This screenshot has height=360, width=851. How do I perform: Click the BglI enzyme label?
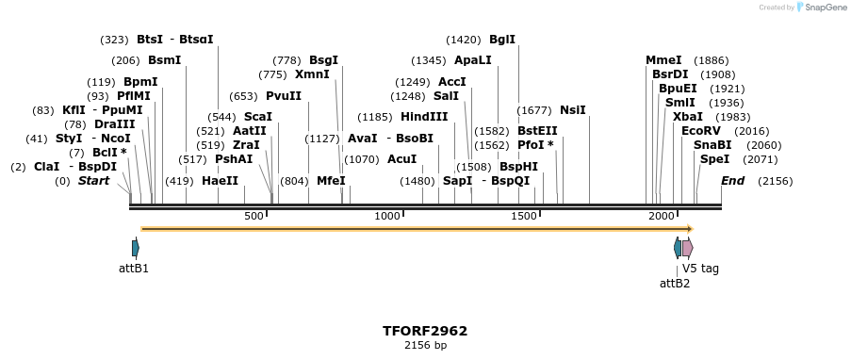coord(502,40)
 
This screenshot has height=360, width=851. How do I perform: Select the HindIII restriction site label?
coord(424,117)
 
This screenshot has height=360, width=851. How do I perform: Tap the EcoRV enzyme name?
coord(700,131)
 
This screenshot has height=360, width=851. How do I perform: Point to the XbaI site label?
coord(687,117)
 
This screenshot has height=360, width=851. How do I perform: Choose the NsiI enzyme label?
coord(572,110)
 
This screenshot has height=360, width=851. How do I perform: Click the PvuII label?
coord(284,96)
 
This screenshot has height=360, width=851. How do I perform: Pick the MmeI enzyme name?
coord(663,60)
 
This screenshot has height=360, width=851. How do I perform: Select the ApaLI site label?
coord(472,60)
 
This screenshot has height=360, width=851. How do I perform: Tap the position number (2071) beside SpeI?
coord(761,159)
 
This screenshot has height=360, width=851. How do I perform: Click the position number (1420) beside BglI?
coord(464,40)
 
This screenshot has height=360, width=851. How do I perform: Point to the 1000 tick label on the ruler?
coord(387,217)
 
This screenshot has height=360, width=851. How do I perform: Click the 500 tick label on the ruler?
coord(254,217)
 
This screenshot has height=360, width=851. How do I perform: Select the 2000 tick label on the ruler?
coord(662,217)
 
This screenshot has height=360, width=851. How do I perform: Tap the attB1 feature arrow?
coord(136,249)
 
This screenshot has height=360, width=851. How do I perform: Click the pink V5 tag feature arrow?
coord(687,249)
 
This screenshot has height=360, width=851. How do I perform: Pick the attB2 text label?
coord(675,283)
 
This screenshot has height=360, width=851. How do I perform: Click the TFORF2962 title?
coord(425,331)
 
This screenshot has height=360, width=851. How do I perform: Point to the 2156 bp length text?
coord(425,346)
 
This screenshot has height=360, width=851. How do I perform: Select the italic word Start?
coord(93,181)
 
